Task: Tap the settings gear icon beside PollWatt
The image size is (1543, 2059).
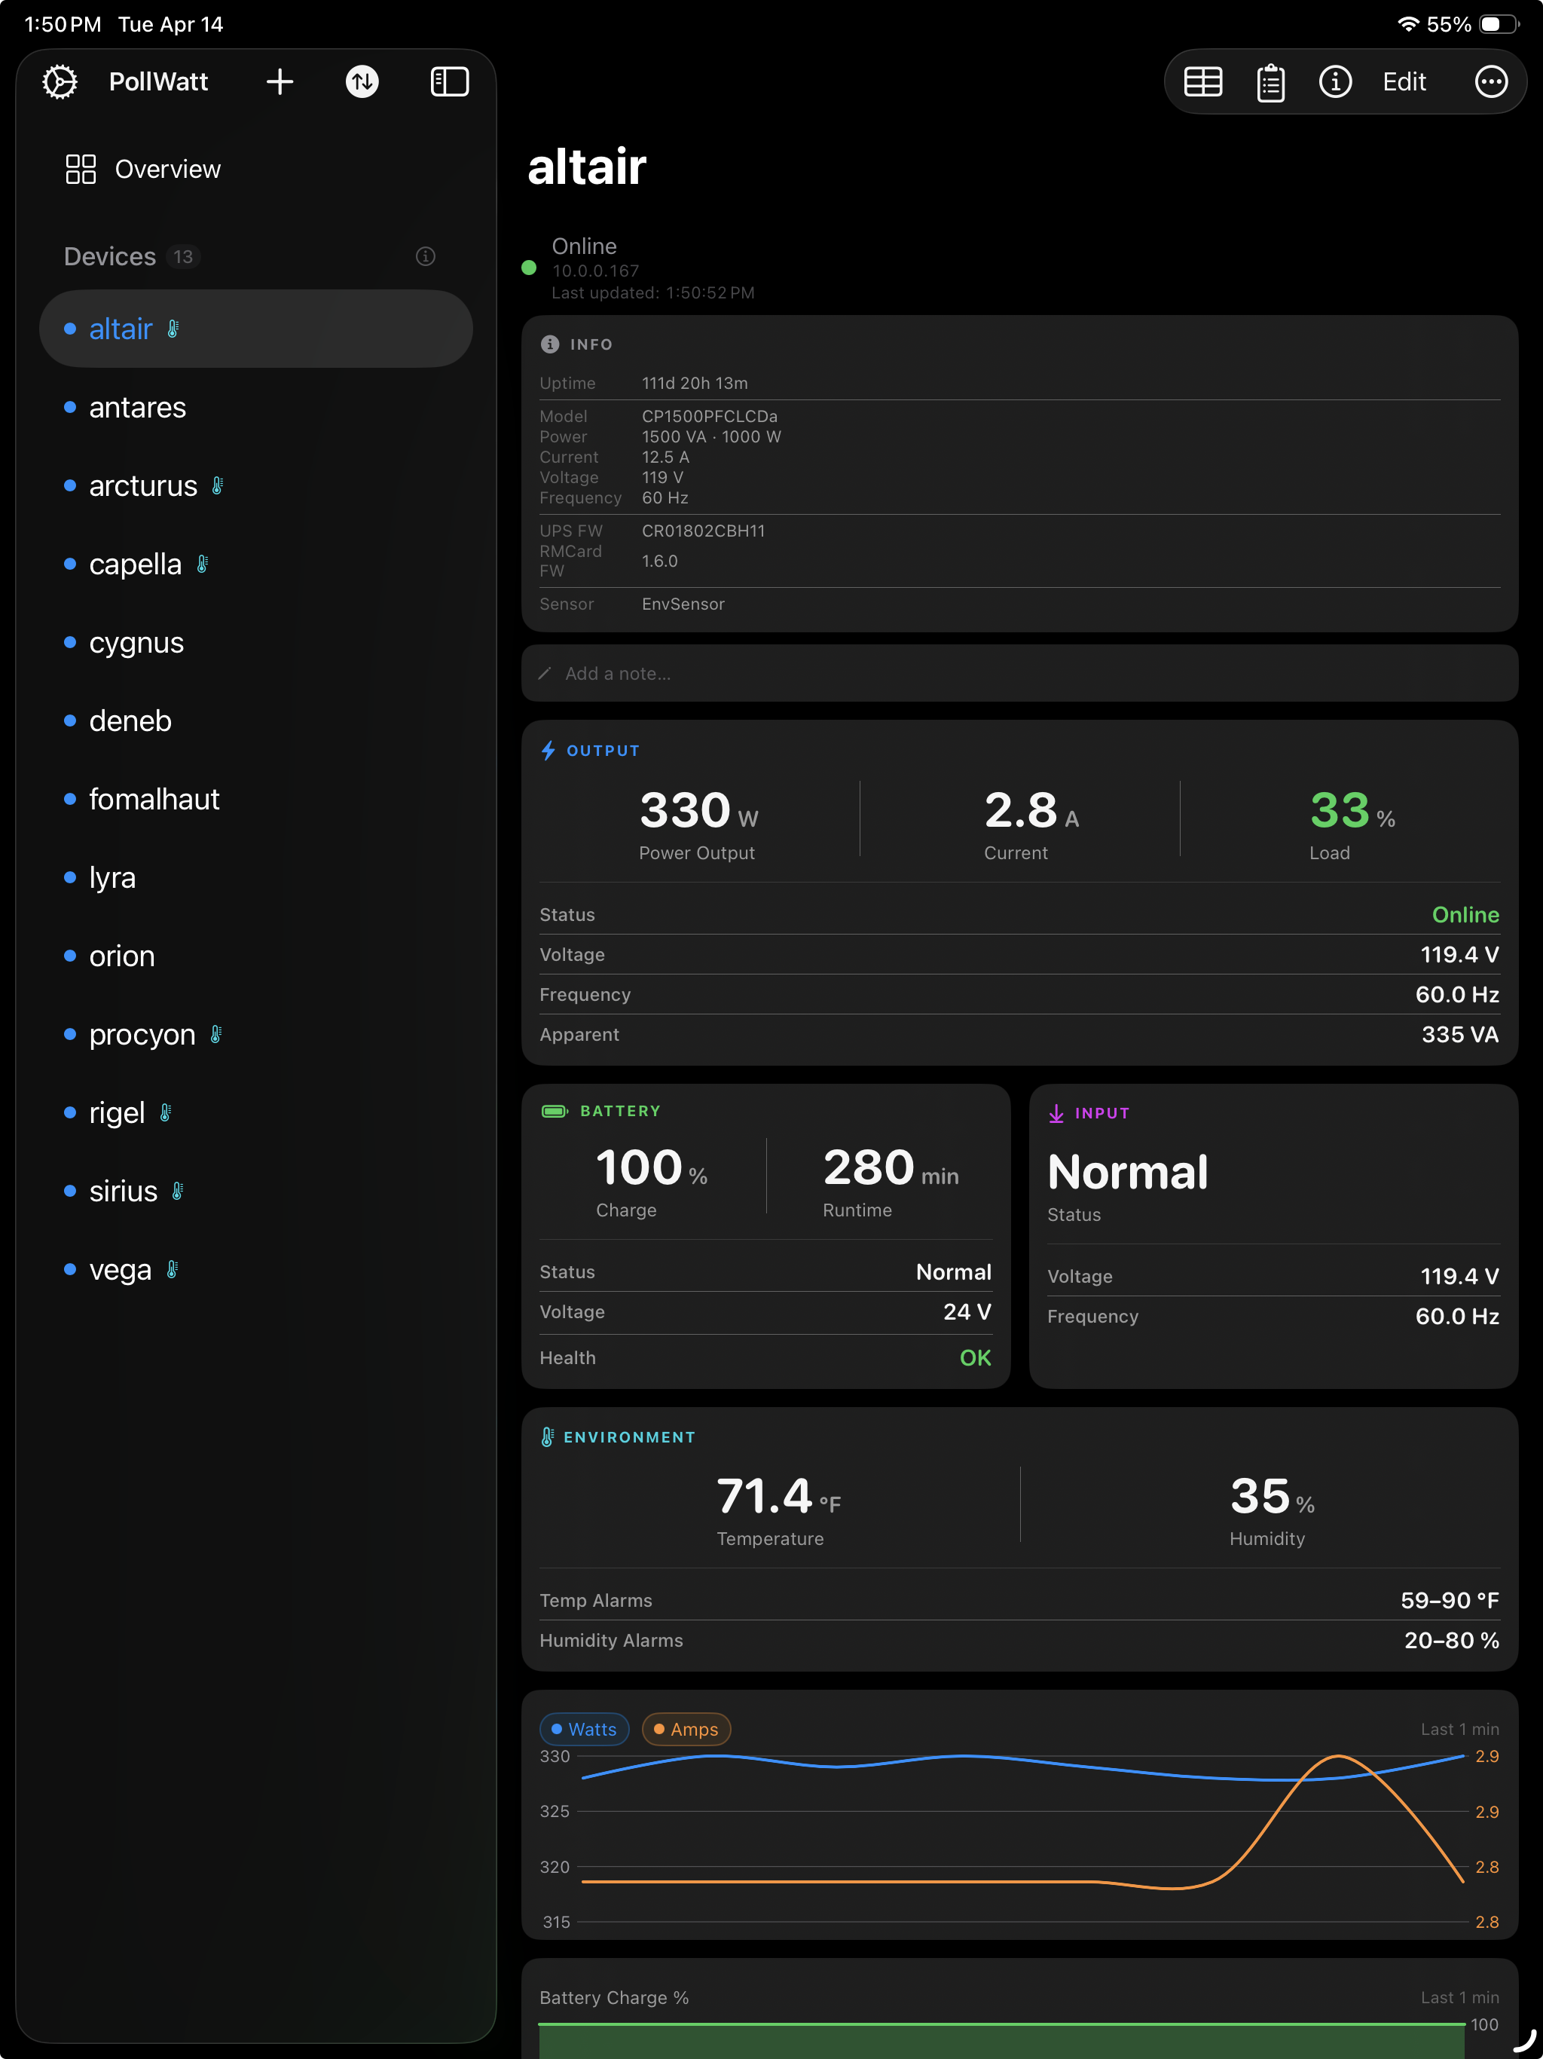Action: pos(60,82)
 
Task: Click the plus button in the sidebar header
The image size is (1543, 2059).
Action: pos(280,82)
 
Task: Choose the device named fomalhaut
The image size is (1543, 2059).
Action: pos(154,800)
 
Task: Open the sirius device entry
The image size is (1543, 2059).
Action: pos(124,1192)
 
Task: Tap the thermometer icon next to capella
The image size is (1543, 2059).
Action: pos(202,564)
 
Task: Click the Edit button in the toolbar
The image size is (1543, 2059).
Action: pos(1404,82)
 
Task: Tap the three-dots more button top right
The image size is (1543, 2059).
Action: pos(1491,82)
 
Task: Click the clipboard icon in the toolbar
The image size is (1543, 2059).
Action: pos(1270,82)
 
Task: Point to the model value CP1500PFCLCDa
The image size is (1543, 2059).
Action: pos(709,416)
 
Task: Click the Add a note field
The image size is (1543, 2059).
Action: pos(1019,673)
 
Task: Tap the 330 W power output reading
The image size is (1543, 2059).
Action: pos(698,811)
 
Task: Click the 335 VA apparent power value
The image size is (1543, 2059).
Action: pos(1459,1034)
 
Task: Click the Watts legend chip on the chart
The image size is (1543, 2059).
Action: pos(585,1730)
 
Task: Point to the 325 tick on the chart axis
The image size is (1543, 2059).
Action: pos(555,1811)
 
